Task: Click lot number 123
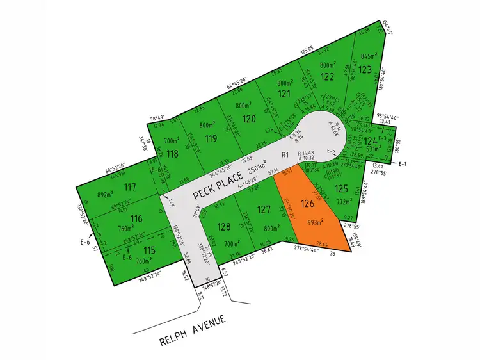(365, 69)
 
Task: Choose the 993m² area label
(314, 223)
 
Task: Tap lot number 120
(250, 119)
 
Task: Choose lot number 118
(172, 153)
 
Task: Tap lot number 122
(328, 76)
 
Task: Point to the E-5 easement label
(332, 151)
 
